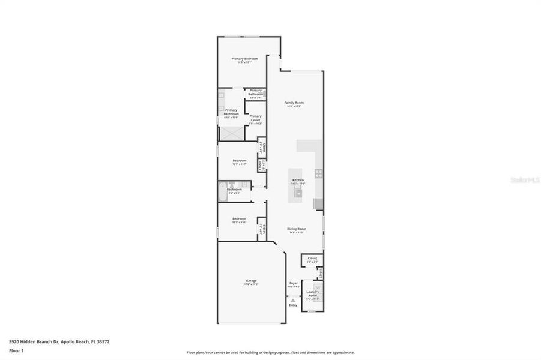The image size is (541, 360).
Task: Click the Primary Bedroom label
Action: tap(245, 59)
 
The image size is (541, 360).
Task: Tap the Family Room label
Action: tap(293, 103)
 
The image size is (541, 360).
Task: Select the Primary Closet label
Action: tap(256, 118)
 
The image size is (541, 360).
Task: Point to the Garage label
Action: tap(251, 281)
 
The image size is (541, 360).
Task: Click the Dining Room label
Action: tap(296, 229)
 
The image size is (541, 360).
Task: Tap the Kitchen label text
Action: tap(298, 180)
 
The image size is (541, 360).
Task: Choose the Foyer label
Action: tap(294, 283)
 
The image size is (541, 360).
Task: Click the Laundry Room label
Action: tap(313, 294)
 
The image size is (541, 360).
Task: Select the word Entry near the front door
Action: tap(293, 305)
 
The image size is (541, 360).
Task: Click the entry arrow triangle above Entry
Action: tap(293, 300)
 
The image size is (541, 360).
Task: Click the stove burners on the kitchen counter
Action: tap(319, 175)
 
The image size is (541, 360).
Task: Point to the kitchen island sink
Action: tap(298, 193)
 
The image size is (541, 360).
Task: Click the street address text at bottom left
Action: tap(59, 341)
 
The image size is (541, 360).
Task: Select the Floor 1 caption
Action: tap(16, 350)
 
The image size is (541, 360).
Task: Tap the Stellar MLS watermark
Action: tap(524, 179)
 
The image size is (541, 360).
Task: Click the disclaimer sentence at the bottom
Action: tap(270, 353)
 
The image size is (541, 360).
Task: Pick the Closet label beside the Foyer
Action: tap(312, 259)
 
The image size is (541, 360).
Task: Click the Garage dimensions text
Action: tap(252, 284)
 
